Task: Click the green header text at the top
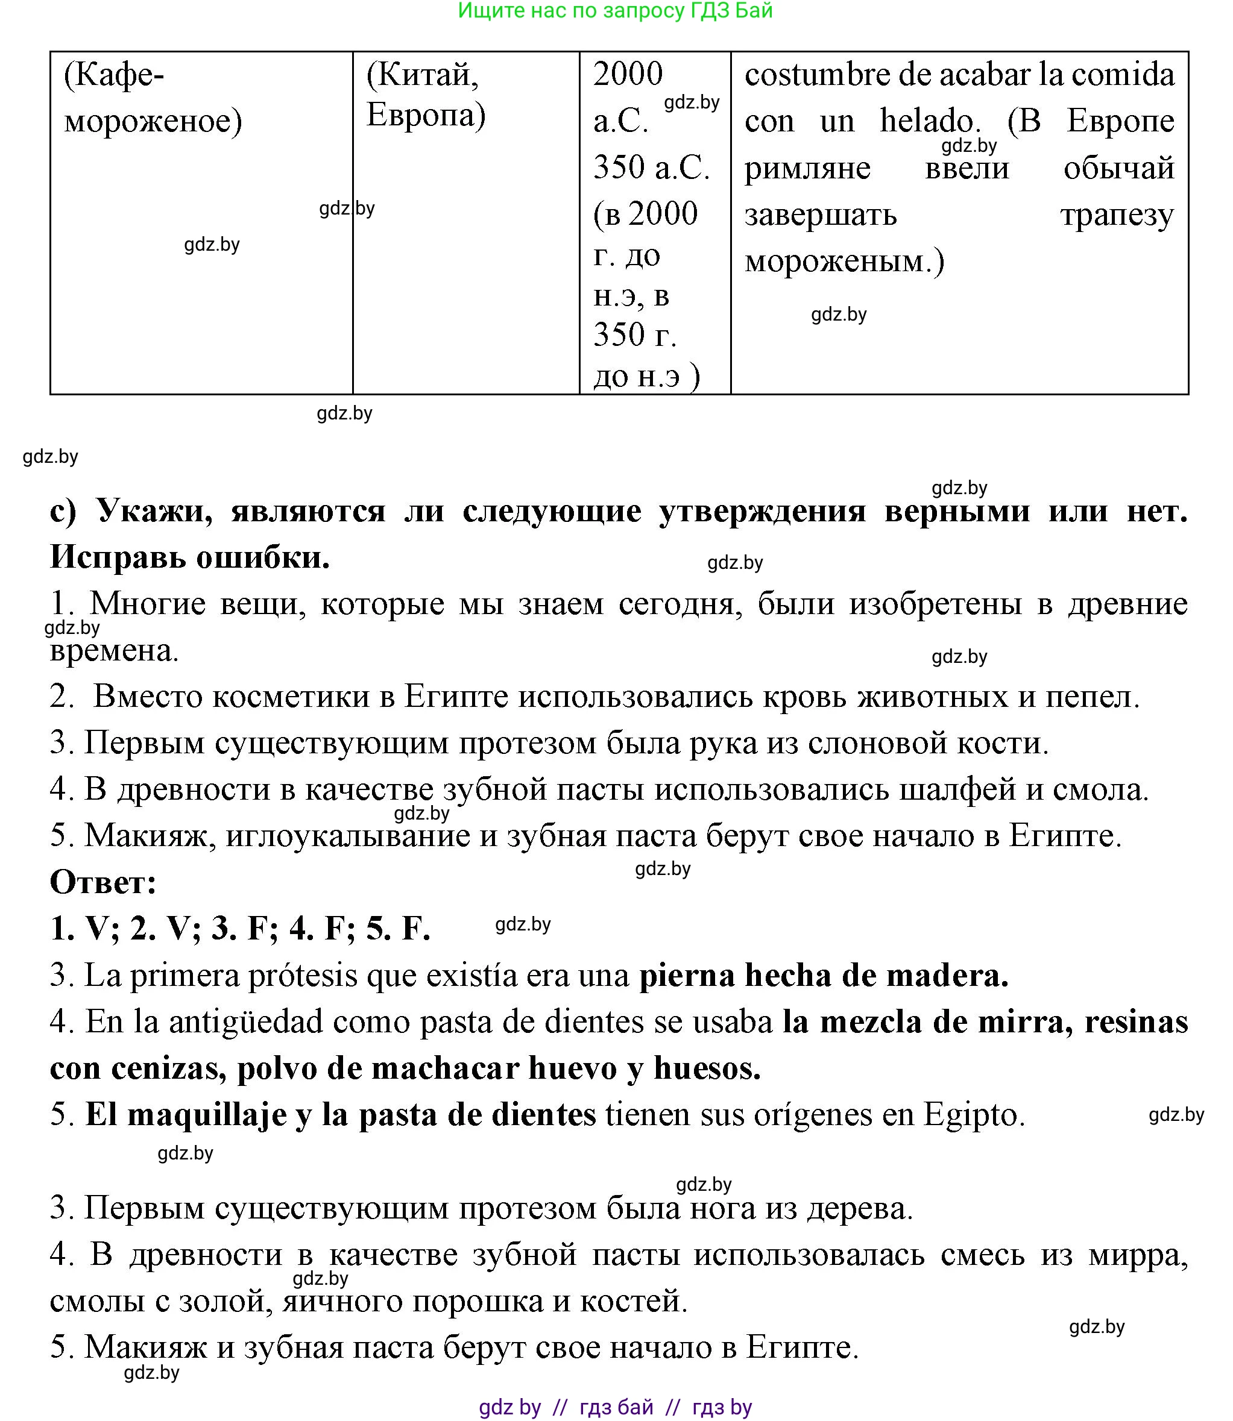pos(615,11)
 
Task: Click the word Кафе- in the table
pos(114,75)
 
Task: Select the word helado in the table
pos(930,122)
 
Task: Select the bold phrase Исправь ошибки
pos(190,557)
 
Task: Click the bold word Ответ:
pos(103,882)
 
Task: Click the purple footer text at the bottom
pos(615,1407)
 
